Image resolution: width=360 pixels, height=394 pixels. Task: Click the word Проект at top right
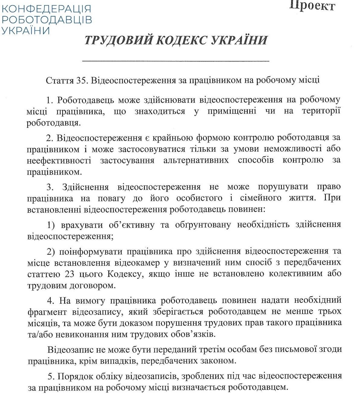(312, 6)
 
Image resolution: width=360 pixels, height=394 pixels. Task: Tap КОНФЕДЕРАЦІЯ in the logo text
(46, 8)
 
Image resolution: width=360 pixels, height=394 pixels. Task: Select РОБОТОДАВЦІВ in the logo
(46, 20)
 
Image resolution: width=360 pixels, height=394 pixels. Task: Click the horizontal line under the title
(175, 61)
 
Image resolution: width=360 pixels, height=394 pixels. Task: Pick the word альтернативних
(196, 160)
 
